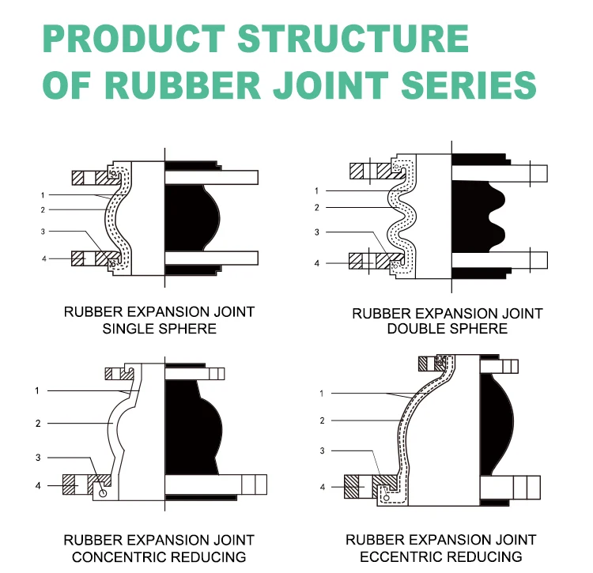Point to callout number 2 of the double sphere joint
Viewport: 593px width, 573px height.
click(316, 208)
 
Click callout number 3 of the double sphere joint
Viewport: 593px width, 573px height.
click(316, 232)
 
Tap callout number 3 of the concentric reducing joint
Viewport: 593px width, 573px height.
click(37, 458)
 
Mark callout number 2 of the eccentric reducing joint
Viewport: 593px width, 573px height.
click(322, 421)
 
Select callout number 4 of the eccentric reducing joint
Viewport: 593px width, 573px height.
click(322, 487)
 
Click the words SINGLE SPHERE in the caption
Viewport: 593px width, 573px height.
click(159, 328)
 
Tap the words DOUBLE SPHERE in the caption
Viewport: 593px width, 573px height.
click(447, 328)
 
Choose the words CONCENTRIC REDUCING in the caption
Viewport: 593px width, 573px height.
click(159, 557)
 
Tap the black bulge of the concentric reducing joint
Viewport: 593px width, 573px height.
click(190, 427)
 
